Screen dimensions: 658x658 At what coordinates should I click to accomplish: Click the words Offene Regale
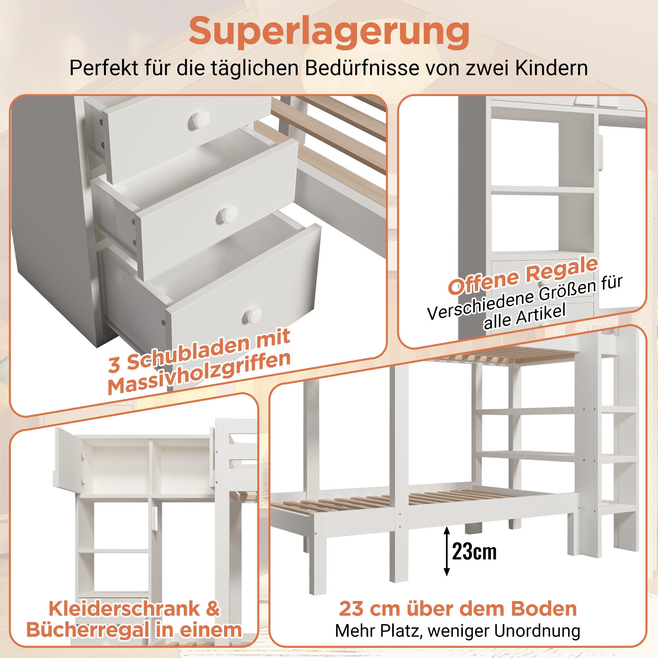coord(523,276)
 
